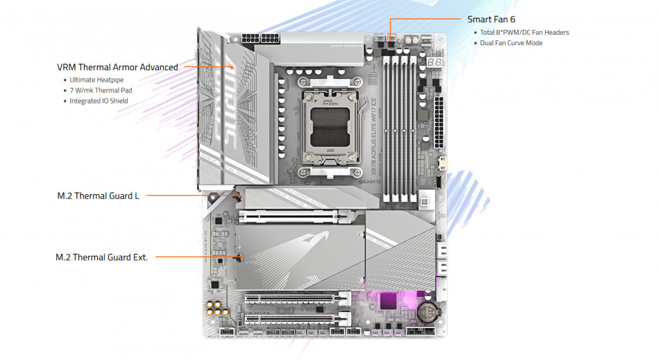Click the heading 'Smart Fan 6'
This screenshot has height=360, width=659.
[491, 19]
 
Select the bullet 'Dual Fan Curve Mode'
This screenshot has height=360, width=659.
[511, 43]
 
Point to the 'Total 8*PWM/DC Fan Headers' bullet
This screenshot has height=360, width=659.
[524, 33]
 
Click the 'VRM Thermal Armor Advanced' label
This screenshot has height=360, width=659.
[117, 67]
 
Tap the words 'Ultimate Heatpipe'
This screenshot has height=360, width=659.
[96, 80]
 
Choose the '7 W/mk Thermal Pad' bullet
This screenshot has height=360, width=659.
[101, 90]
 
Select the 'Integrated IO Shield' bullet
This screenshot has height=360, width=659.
[99, 101]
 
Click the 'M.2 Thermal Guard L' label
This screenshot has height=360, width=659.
[98, 196]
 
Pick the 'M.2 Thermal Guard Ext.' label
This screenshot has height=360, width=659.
[102, 257]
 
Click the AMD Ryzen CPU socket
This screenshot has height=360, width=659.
[329, 128]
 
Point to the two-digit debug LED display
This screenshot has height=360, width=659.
[435, 63]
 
